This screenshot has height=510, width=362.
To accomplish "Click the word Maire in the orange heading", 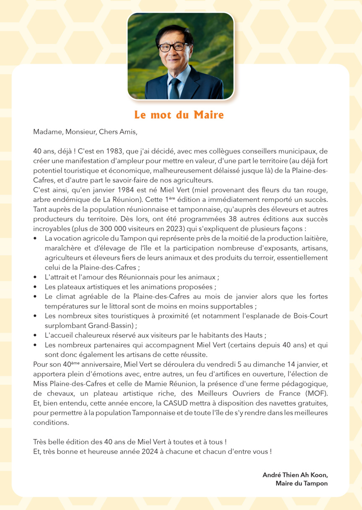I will tap(208, 115).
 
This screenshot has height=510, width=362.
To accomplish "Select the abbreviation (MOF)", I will tap(314, 393).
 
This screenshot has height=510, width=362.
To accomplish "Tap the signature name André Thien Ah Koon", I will tap(295, 475).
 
